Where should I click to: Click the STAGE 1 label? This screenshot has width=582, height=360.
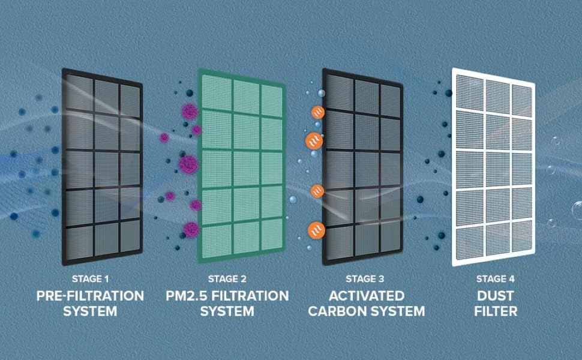(90, 279)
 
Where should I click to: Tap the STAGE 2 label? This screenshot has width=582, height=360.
(227, 279)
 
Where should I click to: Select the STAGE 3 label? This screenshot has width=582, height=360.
(364, 279)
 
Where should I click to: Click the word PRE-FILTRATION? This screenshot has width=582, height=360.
(90, 296)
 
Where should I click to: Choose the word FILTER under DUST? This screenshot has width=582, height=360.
(496, 311)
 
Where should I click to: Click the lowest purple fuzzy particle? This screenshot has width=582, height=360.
(191, 229)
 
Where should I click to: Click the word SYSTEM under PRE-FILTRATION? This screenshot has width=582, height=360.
(90, 311)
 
